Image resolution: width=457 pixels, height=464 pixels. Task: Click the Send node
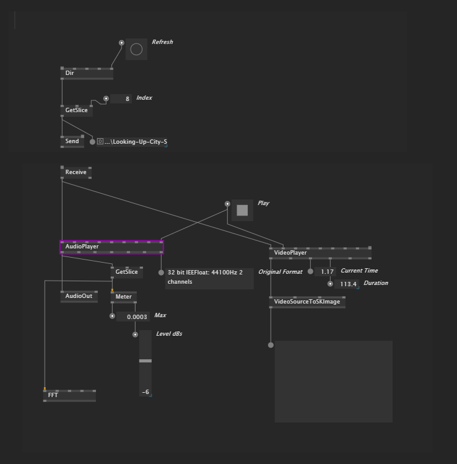point(72,141)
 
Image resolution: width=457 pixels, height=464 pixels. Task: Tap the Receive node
point(76,172)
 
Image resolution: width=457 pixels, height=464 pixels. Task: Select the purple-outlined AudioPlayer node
point(111,247)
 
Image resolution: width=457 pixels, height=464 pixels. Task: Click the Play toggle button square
point(242,211)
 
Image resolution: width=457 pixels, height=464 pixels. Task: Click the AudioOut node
point(79,296)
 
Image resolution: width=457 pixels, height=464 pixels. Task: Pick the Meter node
point(124,297)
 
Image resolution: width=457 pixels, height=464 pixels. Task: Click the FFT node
point(69,395)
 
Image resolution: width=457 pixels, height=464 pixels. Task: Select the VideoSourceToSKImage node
point(307,302)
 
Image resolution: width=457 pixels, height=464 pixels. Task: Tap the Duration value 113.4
point(347,284)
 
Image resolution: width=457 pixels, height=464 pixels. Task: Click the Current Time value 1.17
point(326,272)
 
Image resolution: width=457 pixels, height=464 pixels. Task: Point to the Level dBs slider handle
point(145,361)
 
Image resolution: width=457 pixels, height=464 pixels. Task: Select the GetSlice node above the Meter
point(126,272)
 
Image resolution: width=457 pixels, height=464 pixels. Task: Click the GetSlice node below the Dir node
point(77,110)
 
